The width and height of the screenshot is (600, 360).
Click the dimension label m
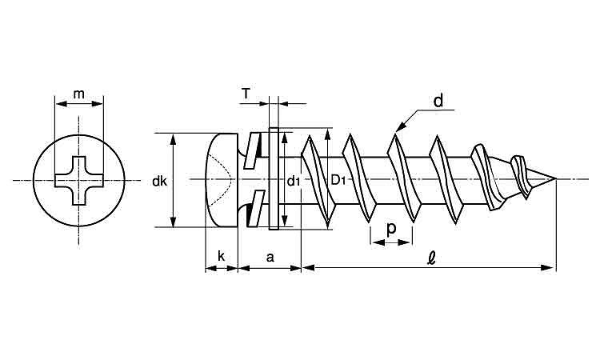coord(79,94)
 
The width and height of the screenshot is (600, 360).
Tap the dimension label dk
coord(159,181)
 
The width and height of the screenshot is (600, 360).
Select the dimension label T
coord(246,93)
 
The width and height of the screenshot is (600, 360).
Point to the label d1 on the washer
coord(294,181)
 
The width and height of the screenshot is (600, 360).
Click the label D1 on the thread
coord(338,179)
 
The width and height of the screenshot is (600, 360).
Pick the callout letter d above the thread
coord(438,101)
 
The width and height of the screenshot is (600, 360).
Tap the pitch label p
coord(391,229)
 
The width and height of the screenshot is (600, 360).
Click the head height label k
coord(221,256)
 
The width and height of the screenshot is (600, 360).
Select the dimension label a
coord(270,258)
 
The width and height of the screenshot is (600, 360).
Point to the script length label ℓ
coord(432,258)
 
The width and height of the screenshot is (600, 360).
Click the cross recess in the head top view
coord(79,180)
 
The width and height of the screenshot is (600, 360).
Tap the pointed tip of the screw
coord(556,179)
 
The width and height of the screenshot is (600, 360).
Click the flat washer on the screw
coord(274,178)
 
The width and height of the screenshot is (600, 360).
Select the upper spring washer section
coord(254,150)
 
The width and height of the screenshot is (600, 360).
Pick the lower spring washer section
coord(254,208)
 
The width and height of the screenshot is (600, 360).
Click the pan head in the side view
coord(222,180)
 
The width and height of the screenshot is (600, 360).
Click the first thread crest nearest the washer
coord(318,180)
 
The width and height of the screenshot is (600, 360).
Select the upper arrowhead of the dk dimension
coord(174,139)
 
